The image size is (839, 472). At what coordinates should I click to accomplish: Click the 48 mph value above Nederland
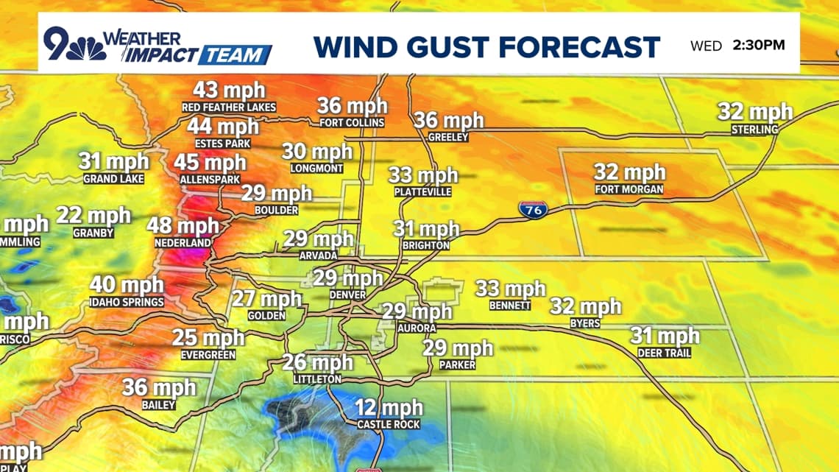point(183,226)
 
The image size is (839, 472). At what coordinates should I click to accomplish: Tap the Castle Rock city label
point(389,424)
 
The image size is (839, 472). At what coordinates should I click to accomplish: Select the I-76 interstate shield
point(531,210)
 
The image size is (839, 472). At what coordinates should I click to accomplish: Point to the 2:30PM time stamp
point(759,45)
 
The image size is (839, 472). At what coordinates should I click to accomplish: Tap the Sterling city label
point(754,130)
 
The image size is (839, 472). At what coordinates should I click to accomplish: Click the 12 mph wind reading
point(389,408)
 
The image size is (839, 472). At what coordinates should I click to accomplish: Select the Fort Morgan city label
point(629,190)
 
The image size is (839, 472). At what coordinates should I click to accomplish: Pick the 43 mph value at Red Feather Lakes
point(229,91)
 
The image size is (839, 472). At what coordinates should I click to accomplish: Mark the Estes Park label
point(223,144)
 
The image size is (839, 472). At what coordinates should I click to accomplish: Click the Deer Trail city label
point(665,353)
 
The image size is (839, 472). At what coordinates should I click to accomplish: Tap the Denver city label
point(348,295)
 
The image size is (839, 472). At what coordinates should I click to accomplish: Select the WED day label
point(706,46)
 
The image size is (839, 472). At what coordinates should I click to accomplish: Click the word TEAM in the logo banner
point(235,55)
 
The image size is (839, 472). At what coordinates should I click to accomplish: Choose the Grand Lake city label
point(113,179)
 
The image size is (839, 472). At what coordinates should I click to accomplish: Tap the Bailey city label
point(159,405)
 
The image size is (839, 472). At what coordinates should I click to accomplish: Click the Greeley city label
point(448,137)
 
